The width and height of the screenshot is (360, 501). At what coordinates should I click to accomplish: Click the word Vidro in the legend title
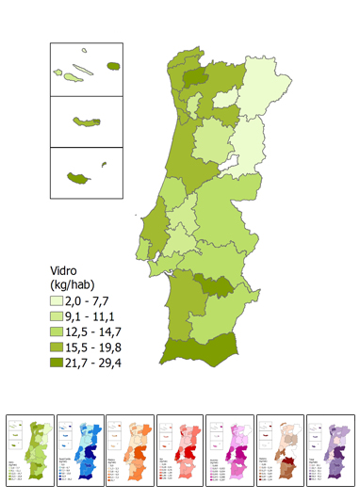tap(68, 268)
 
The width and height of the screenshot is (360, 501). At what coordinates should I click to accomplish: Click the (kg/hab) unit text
tap(76, 283)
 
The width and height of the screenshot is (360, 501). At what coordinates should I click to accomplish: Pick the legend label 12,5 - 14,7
tap(114, 331)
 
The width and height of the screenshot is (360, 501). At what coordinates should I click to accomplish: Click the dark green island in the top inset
tap(114, 67)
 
